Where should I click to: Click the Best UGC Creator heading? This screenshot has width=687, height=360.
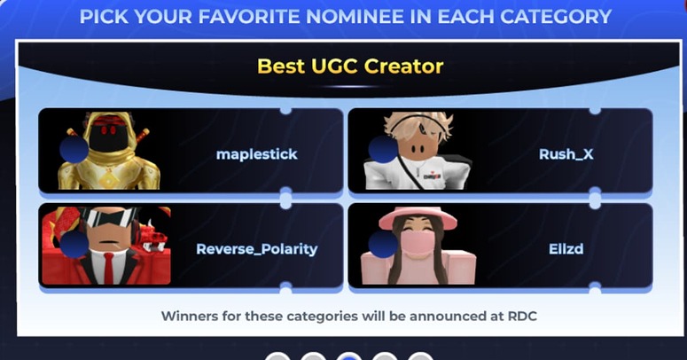350,67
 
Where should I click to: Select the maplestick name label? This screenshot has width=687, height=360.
257,154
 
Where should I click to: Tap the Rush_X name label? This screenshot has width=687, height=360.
566,154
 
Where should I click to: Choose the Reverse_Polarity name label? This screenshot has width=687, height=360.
257,249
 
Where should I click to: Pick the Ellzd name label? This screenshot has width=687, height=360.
566,248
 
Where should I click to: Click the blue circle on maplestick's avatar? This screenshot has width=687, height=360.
74,150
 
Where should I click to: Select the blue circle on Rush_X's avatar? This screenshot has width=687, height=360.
383,150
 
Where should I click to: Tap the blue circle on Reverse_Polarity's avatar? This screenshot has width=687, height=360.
74,244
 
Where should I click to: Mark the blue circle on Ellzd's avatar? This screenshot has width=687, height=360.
383,244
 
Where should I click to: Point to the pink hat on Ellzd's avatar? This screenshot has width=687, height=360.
418,217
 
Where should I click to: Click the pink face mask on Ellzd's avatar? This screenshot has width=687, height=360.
418,242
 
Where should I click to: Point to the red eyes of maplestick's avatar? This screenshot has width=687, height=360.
108,130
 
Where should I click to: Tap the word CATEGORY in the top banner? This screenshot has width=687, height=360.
556,17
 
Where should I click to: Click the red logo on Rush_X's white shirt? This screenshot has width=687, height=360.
433,176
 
